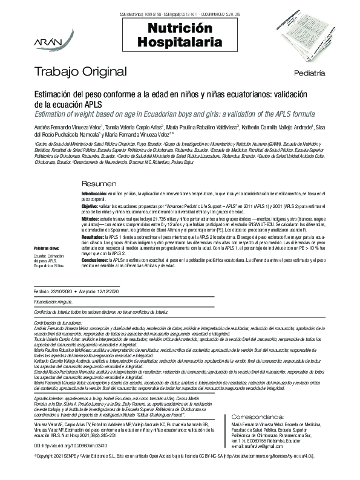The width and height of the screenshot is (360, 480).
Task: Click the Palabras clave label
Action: [46, 248]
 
